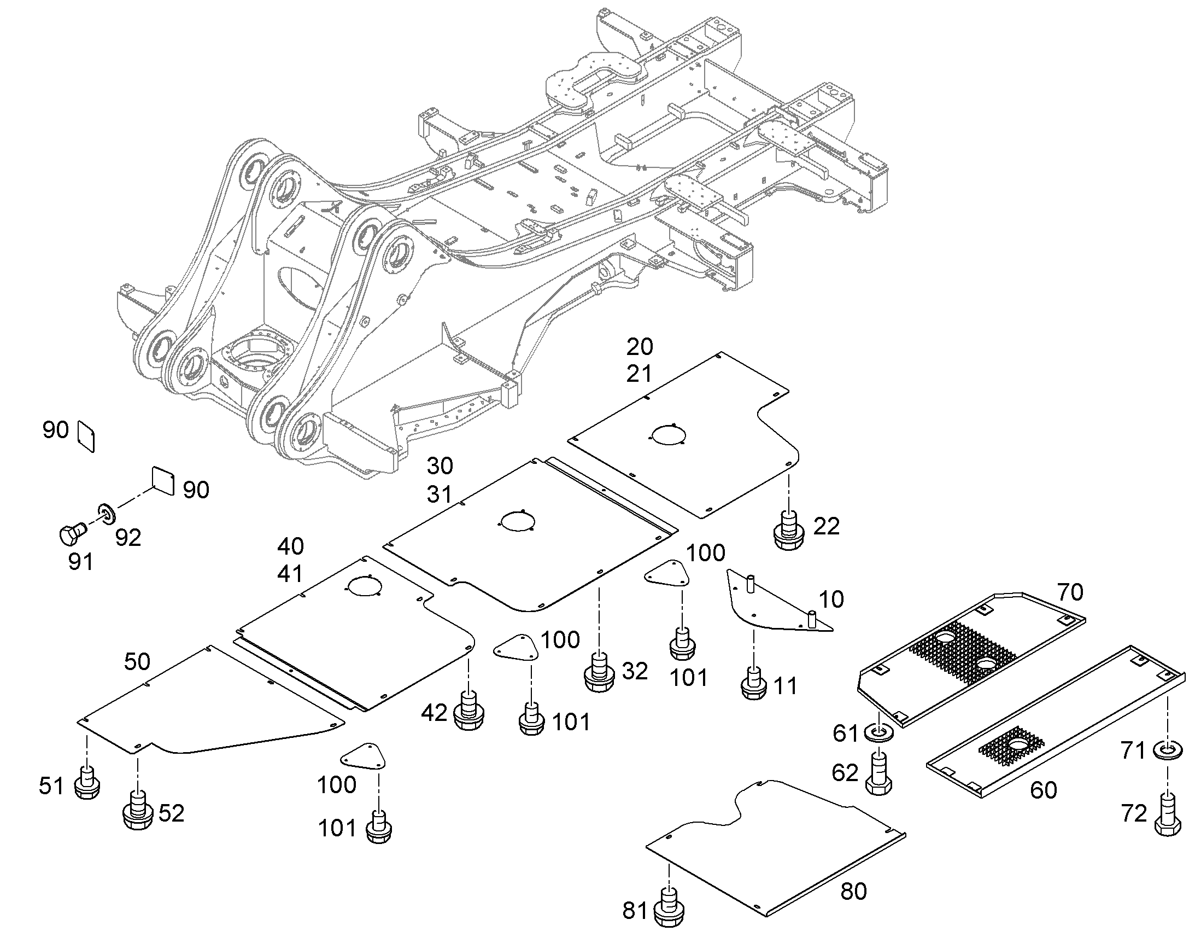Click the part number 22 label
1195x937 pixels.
point(827,527)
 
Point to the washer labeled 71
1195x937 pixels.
point(1168,749)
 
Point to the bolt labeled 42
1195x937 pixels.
point(468,712)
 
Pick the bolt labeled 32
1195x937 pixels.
point(600,673)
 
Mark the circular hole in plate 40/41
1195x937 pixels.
point(363,586)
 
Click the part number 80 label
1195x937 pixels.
point(853,892)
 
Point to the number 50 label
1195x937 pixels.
point(137,662)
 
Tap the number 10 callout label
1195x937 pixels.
point(831,599)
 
